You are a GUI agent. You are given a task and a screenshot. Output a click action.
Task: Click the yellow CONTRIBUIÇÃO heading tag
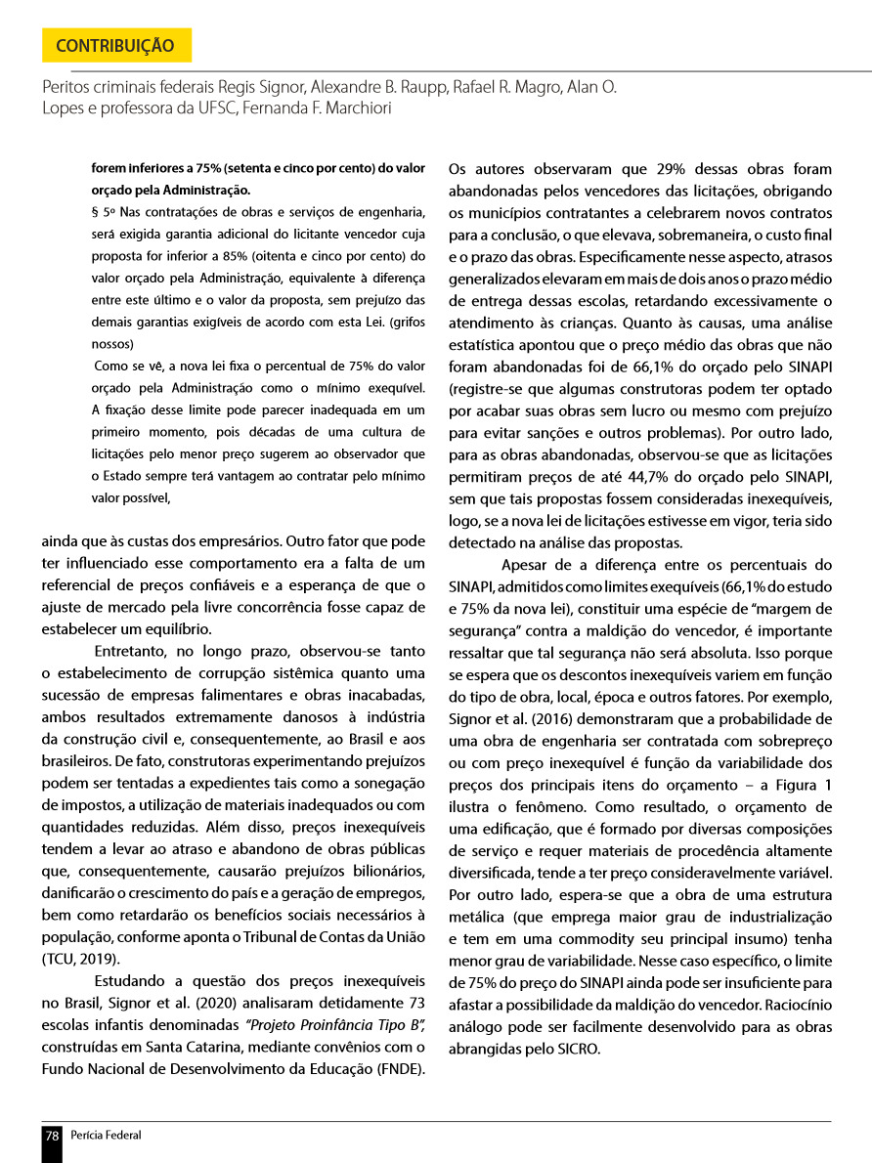[116, 46]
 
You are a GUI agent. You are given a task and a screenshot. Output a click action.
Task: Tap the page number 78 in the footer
[52, 1136]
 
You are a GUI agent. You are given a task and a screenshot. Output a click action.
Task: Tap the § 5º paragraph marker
[101, 210]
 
